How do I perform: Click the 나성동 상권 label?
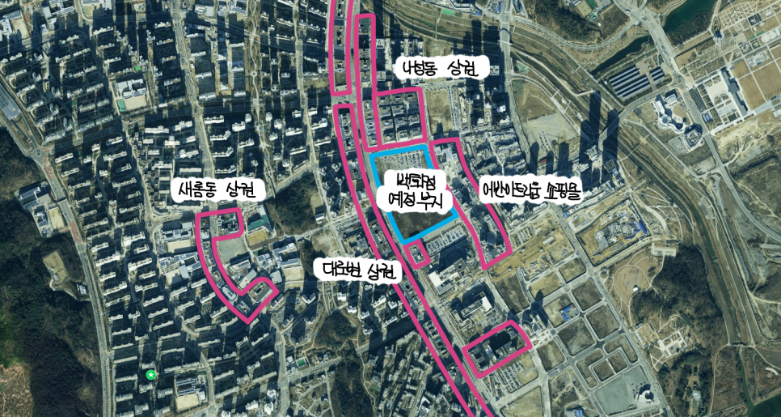[x=440, y=70]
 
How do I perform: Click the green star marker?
[x=150, y=374]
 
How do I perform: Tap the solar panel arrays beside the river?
[x=634, y=81]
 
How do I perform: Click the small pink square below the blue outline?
[x=419, y=256]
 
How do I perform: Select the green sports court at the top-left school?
[x=121, y=104]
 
